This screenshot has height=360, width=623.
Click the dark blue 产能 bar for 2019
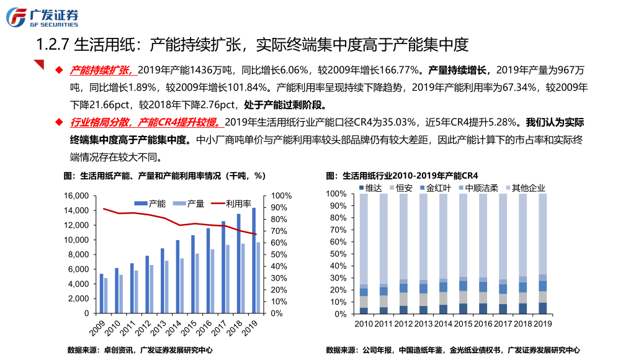point(254,261)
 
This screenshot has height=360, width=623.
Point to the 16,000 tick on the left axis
point(77,196)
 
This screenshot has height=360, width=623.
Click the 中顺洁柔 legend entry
point(477,187)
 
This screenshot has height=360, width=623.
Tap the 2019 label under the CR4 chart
point(543,324)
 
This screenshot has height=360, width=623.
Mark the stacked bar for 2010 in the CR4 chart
point(364,254)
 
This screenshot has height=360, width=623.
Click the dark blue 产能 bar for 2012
point(147,285)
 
